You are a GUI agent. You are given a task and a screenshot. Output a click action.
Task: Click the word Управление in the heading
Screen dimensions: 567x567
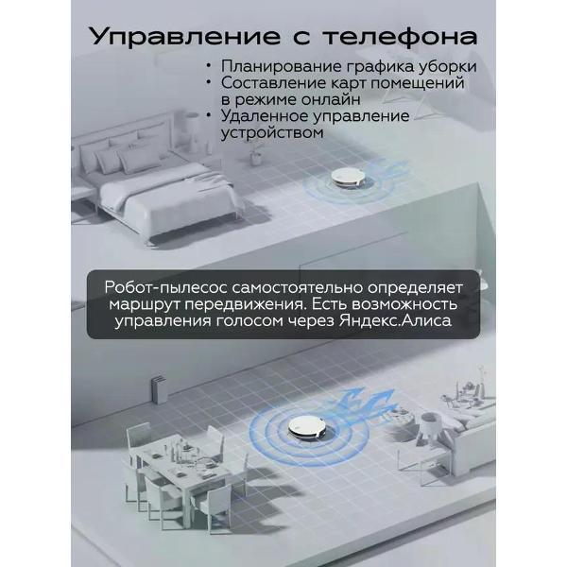pos(185,37)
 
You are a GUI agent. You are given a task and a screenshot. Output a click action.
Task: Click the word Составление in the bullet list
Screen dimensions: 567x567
pos(274,83)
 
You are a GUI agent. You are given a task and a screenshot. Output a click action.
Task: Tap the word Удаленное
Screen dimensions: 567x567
pos(265,116)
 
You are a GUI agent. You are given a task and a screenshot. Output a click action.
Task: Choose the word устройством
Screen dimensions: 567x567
pos(272,132)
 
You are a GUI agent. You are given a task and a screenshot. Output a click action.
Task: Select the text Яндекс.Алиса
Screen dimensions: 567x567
pos(395,320)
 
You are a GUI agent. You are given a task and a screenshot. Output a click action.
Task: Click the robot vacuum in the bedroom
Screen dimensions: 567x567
pos(348,178)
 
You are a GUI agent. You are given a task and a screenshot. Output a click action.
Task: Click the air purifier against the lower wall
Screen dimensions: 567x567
pos(159,389)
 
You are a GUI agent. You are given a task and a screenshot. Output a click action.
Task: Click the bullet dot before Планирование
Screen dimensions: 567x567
pos(208,66)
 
